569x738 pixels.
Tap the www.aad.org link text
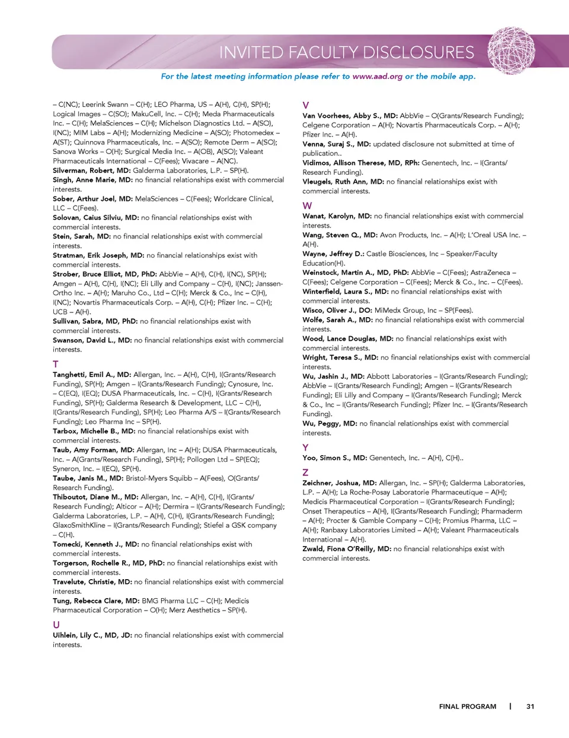pyautogui.click(x=377, y=76)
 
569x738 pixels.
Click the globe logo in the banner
pyautogui.click(x=511, y=51)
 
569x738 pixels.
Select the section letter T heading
pyautogui.click(x=56, y=364)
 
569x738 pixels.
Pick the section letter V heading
pyautogui.click(x=306, y=106)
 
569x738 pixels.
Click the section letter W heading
pyautogui.click(x=307, y=206)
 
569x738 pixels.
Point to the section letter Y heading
pyautogui.click(x=305, y=448)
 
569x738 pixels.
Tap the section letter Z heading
pyautogui.click(x=305, y=472)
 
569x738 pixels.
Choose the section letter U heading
pyautogui.click(x=56, y=625)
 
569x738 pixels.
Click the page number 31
pyautogui.click(x=530, y=707)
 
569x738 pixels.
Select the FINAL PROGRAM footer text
pyautogui.click(x=468, y=707)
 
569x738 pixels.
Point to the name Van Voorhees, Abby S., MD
pyautogui.click(x=350, y=116)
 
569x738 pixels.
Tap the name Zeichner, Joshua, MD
pyautogui.click(x=339, y=483)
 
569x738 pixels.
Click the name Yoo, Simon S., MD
pyautogui.click(x=334, y=458)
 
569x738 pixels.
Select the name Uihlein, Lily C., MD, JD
pyautogui.click(x=92, y=635)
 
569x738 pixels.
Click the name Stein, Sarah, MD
pyautogui.click(x=82, y=237)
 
